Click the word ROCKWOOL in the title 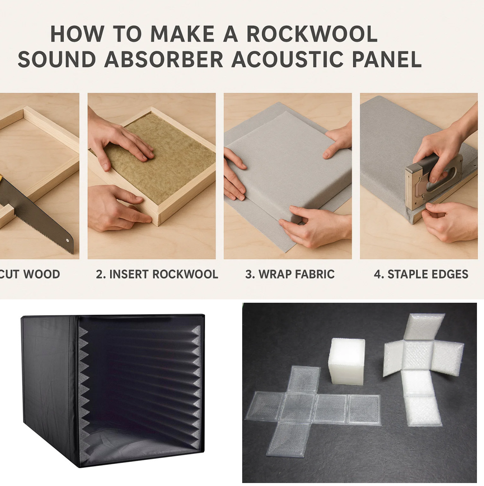[312, 34]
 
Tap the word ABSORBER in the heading [164, 59]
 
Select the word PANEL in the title [387, 59]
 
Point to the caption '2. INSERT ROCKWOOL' [157, 274]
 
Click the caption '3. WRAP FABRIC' [290, 274]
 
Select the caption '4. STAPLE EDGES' [421, 274]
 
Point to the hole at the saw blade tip [68, 240]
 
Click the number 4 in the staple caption [377, 274]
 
